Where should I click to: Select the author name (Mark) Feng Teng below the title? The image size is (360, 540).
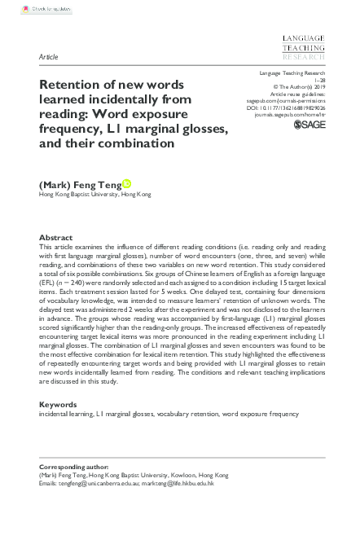80,184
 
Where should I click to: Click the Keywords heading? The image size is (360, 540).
58,405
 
